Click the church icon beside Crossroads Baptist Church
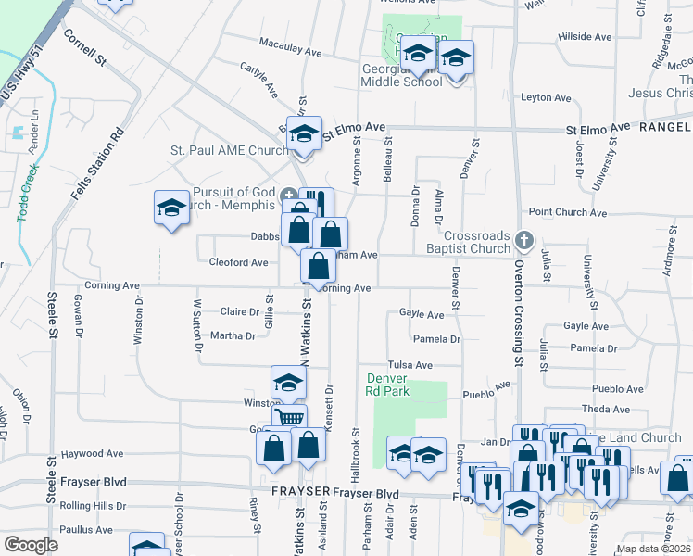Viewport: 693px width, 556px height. click(x=525, y=241)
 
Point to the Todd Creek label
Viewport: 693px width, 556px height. click(x=27, y=193)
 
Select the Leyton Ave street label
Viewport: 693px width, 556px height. click(x=547, y=97)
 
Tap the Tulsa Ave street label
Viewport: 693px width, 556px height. click(x=410, y=365)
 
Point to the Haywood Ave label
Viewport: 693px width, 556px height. click(x=92, y=454)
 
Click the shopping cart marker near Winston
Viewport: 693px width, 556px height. click(x=290, y=418)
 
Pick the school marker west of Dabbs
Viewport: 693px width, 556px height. click(x=171, y=208)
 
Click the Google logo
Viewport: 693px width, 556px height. click(x=31, y=544)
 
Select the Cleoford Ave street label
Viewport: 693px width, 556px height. click(x=238, y=263)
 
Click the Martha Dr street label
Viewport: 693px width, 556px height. click(x=233, y=336)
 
